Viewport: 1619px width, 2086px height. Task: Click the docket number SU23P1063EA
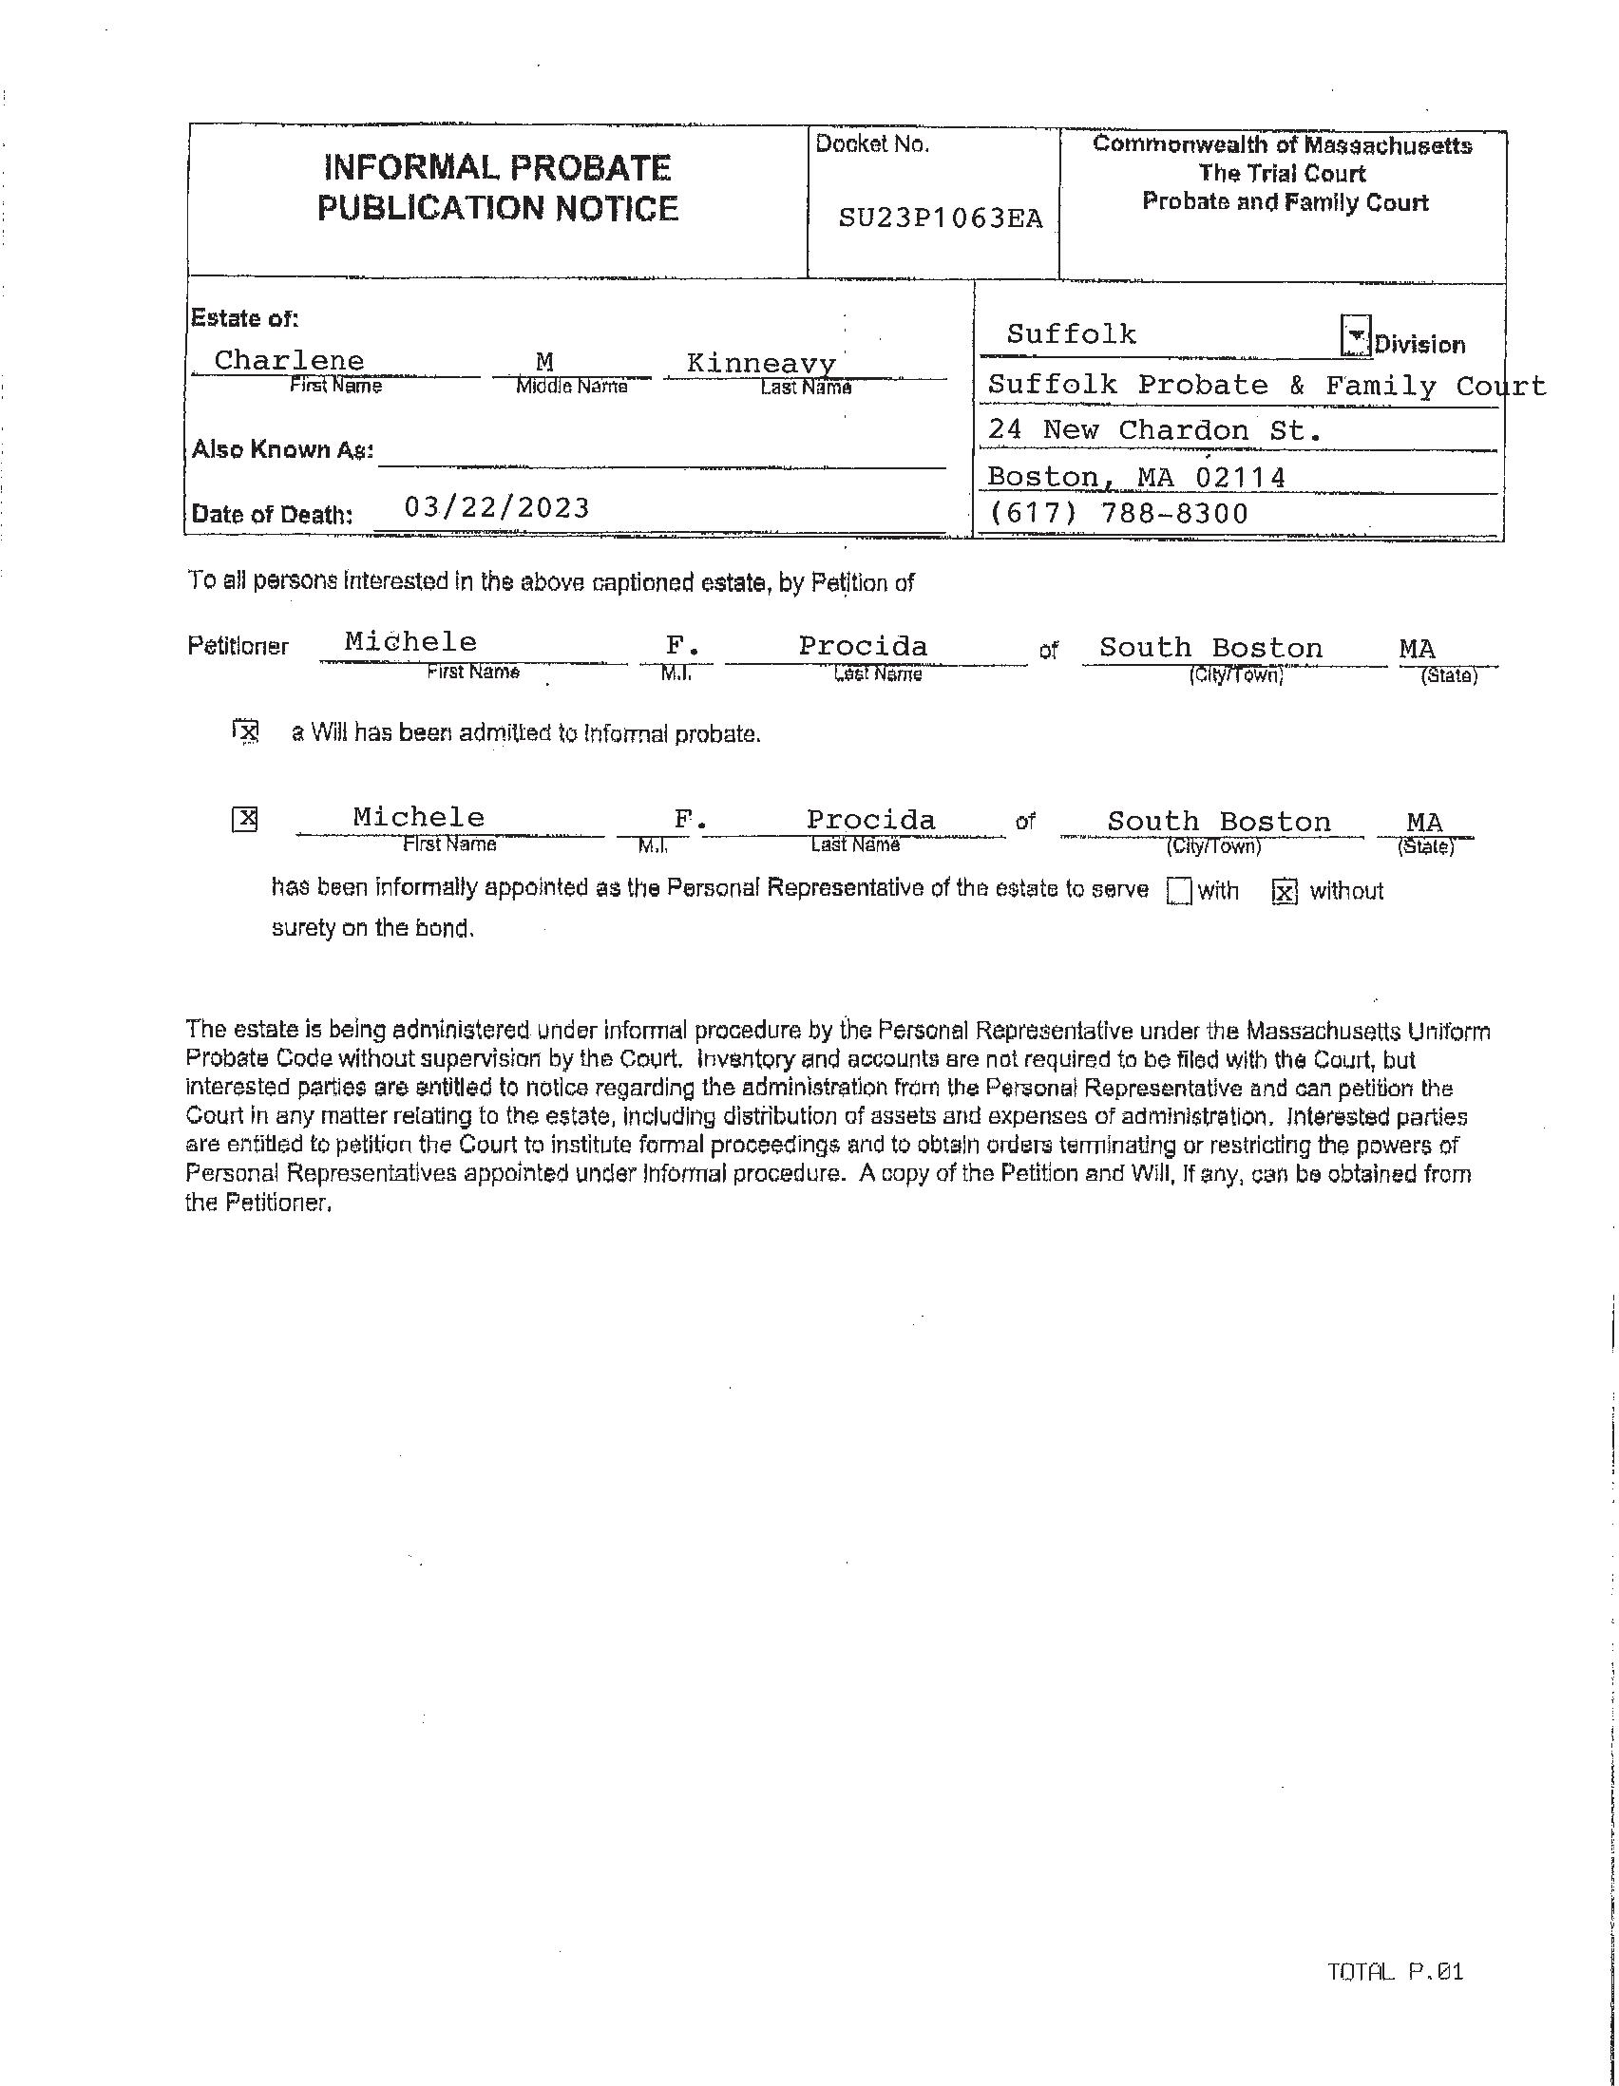pos(940,218)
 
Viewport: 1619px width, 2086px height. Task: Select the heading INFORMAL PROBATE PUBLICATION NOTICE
pos(498,188)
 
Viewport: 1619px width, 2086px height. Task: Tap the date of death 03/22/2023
pos(497,507)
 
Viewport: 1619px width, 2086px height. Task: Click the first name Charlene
pos(289,361)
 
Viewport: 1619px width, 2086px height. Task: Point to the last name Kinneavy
pos(760,364)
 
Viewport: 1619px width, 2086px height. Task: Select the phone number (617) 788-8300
pos(1117,514)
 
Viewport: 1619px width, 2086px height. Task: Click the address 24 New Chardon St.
pos(1154,430)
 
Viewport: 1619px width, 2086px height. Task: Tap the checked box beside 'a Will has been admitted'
pos(246,732)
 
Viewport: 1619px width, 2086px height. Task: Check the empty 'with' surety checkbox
pos(1180,891)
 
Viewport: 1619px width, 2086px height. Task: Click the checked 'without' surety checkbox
pos(1285,892)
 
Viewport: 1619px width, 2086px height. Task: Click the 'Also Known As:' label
pos(282,450)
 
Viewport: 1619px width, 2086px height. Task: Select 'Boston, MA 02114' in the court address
pos(1135,476)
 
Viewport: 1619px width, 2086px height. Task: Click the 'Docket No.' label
pos(871,145)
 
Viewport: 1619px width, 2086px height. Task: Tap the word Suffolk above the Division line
pos(1071,335)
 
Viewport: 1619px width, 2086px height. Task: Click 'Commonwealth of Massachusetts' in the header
pos(1282,145)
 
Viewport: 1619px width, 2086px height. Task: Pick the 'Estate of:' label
pos(244,318)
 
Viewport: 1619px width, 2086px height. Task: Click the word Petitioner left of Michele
pos(238,647)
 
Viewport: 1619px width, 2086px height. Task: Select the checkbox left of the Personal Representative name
pos(245,820)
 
